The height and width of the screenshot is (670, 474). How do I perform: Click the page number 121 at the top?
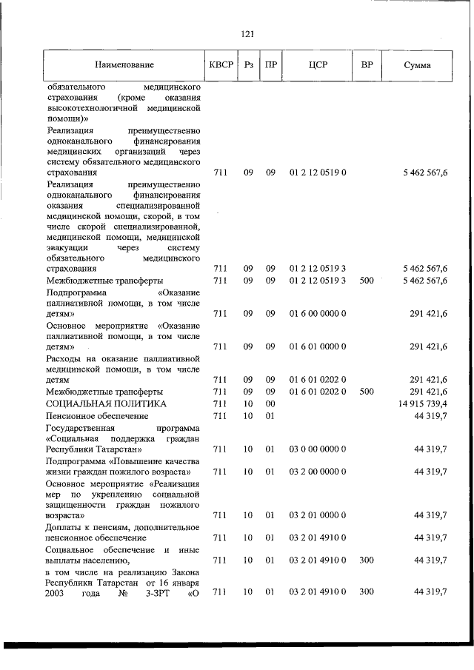pos(248,34)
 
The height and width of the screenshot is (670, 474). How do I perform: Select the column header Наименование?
pos(124,65)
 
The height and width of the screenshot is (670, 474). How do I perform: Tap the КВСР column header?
pos(221,65)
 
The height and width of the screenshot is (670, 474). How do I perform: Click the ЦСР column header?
pos(318,65)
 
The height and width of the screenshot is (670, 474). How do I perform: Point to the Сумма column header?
pos(418,65)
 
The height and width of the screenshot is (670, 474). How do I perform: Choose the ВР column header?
pos(367,65)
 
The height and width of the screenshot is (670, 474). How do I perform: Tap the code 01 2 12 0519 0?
pos(318,172)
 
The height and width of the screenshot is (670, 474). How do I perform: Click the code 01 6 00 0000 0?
pos(318,313)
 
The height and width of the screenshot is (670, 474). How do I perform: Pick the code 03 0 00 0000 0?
pos(318,449)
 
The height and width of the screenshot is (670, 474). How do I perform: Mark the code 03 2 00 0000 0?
pos(318,471)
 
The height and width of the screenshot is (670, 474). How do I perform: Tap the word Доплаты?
pos(64,526)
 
